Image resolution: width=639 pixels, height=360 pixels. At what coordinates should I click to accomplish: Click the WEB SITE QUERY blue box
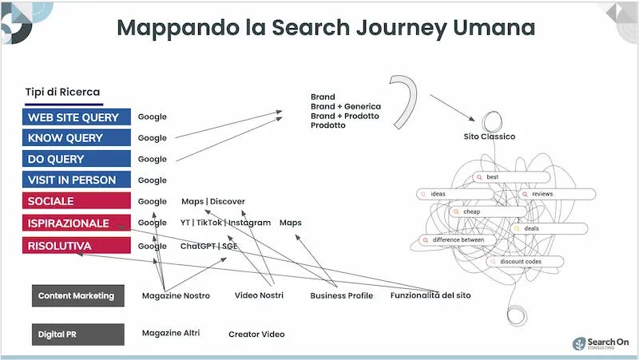(77, 117)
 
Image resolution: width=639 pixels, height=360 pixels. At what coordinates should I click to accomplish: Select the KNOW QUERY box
(77, 138)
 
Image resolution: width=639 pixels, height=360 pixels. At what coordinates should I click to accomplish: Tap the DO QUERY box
(77, 159)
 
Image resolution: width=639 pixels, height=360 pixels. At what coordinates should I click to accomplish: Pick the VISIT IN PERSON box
(77, 180)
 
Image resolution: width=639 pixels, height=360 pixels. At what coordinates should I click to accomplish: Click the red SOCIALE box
(77, 201)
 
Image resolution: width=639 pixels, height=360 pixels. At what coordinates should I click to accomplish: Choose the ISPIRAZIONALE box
(77, 223)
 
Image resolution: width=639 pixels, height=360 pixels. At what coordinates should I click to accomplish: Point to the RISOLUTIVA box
(77, 246)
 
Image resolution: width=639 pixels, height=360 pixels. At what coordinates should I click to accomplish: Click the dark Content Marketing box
(77, 295)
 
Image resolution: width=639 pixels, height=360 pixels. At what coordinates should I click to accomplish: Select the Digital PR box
(77, 334)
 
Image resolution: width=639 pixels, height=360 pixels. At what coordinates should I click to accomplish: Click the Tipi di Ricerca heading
(62, 93)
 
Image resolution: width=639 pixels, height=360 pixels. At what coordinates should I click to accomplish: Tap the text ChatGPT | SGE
(208, 246)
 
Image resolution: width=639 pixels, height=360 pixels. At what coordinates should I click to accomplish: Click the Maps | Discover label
(213, 201)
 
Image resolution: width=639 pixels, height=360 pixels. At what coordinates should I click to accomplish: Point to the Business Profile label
(341, 295)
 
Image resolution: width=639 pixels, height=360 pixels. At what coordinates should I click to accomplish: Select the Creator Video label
(256, 334)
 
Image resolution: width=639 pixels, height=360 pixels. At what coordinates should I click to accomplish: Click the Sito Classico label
(490, 136)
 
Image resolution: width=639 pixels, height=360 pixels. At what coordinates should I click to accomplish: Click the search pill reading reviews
(557, 194)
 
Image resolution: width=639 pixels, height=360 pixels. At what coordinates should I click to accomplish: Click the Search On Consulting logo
(600, 343)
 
